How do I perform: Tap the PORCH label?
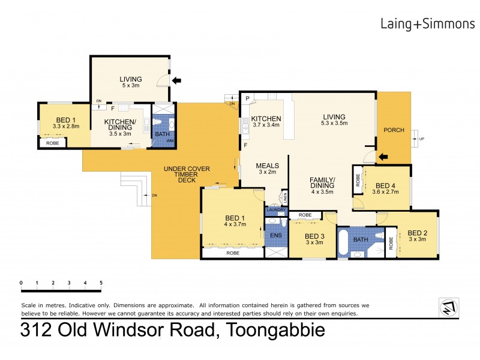(394, 130)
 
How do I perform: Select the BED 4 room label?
(385, 185)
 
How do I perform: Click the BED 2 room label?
(418, 233)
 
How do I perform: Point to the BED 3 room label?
(314, 236)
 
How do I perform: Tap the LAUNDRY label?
(276, 209)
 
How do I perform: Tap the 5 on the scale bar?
(101, 283)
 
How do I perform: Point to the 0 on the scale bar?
(21, 283)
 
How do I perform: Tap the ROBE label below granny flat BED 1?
(53, 143)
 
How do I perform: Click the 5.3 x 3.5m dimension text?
(334, 123)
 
